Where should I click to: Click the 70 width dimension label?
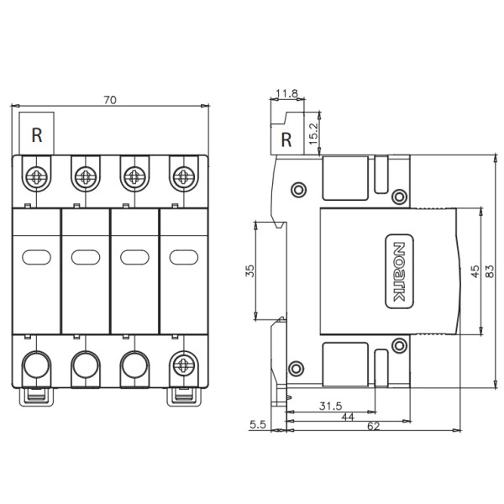coord(110,100)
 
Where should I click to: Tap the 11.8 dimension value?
coord(287,93)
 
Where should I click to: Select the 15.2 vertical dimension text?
coord(313,134)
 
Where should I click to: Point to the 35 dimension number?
coord(249,270)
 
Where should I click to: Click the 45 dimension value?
coord(475,271)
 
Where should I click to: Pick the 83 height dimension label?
coord(489,271)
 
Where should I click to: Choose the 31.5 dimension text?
coord(331,407)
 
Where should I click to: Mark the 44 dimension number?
coord(348,417)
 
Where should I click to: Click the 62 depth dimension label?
coord(374,426)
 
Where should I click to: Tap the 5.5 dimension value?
coord(258,424)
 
